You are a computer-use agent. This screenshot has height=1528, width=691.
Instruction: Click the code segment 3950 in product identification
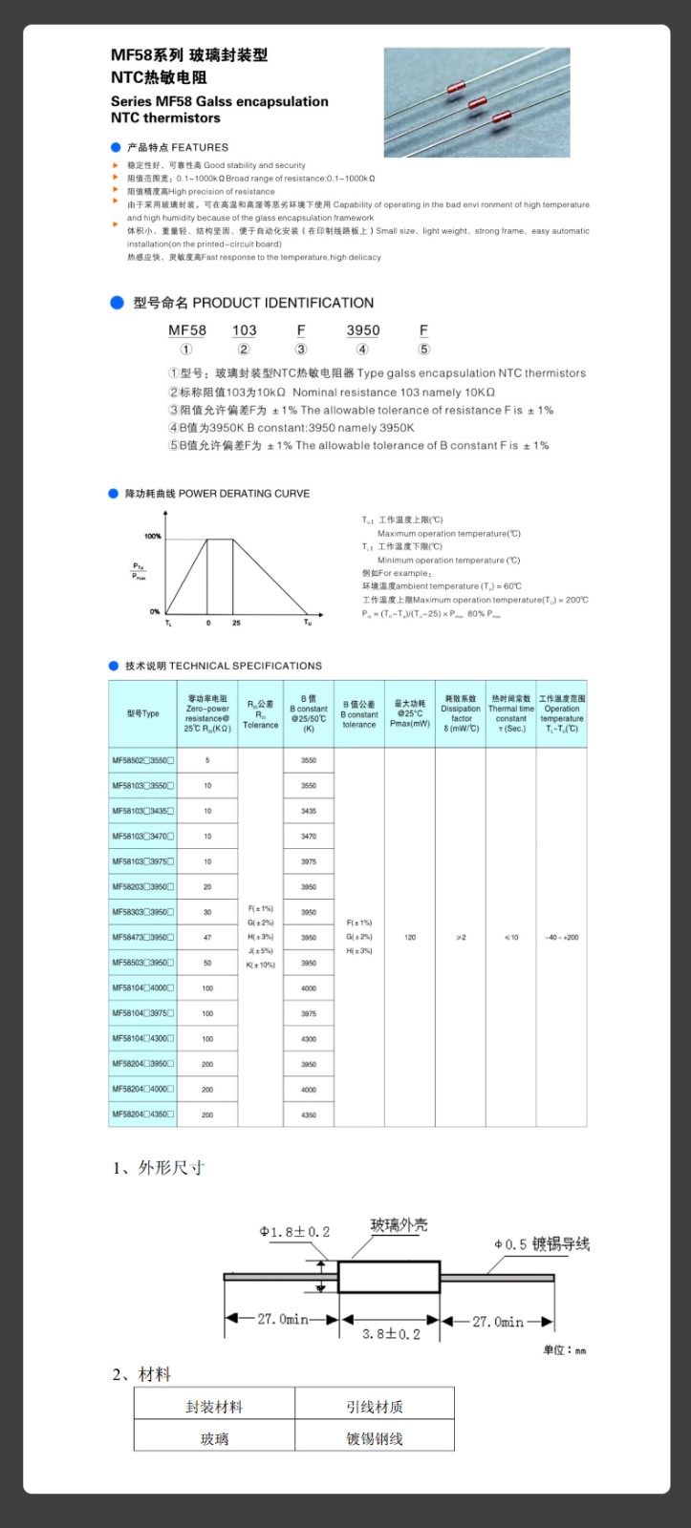pyautogui.click(x=362, y=330)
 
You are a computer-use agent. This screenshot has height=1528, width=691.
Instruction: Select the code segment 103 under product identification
pyautogui.click(x=244, y=330)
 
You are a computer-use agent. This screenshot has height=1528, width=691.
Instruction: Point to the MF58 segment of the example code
pyautogui.click(x=187, y=330)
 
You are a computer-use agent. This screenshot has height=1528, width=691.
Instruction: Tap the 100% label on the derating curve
pyautogui.click(x=153, y=537)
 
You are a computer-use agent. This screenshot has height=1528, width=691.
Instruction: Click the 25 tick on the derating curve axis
pyautogui.click(x=236, y=623)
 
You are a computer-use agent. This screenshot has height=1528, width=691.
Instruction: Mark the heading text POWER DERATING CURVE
pyautogui.click(x=244, y=494)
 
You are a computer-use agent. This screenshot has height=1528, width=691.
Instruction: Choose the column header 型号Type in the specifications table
pyautogui.click(x=142, y=713)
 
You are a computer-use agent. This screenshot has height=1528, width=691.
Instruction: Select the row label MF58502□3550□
pyautogui.click(x=142, y=761)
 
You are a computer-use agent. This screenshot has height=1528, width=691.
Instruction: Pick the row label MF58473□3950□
pyautogui.click(x=142, y=938)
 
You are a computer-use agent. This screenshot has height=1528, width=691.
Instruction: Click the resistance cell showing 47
pyautogui.click(x=207, y=938)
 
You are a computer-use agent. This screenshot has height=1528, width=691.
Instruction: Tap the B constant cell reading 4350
pyautogui.click(x=309, y=1114)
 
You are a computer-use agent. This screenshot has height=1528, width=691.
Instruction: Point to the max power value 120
pyautogui.click(x=410, y=938)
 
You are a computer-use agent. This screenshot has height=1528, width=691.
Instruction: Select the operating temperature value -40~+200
pyautogui.click(x=561, y=938)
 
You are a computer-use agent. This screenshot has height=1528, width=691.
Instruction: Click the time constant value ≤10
pyautogui.click(x=511, y=938)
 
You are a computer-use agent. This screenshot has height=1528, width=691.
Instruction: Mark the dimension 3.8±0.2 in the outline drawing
pyautogui.click(x=391, y=1334)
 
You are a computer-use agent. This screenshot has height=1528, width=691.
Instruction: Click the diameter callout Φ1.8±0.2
pyautogui.click(x=294, y=1232)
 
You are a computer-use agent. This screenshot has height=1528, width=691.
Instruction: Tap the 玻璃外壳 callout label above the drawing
pyautogui.click(x=399, y=1225)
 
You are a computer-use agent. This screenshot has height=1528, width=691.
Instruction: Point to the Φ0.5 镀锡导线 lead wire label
pyautogui.click(x=542, y=1244)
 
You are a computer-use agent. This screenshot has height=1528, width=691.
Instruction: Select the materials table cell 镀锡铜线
pyautogui.click(x=374, y=1439)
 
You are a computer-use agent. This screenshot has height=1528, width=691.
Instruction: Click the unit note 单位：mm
pyautogui.click(x=564, y=1349)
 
